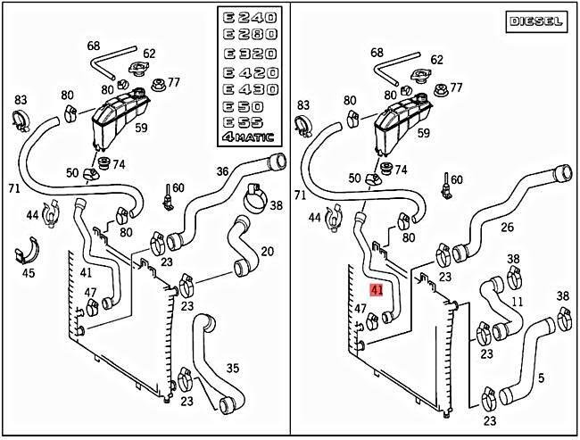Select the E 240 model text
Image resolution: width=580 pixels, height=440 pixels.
[250, 18]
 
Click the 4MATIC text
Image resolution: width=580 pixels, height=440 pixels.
[250, 137]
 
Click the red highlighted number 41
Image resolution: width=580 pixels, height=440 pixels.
[377, 290]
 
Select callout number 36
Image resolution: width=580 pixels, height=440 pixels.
[223, 172]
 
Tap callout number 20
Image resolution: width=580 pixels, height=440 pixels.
[266, 253]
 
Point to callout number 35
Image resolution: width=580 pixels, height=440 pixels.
[232, 367]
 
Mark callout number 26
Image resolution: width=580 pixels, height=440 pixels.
[507, 228]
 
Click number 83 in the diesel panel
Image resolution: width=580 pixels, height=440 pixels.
[303, 105]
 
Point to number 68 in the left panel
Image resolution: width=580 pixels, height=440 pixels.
[94, 46]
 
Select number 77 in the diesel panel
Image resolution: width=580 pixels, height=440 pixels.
[456, 87]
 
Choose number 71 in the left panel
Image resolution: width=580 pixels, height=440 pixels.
[13, 189]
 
